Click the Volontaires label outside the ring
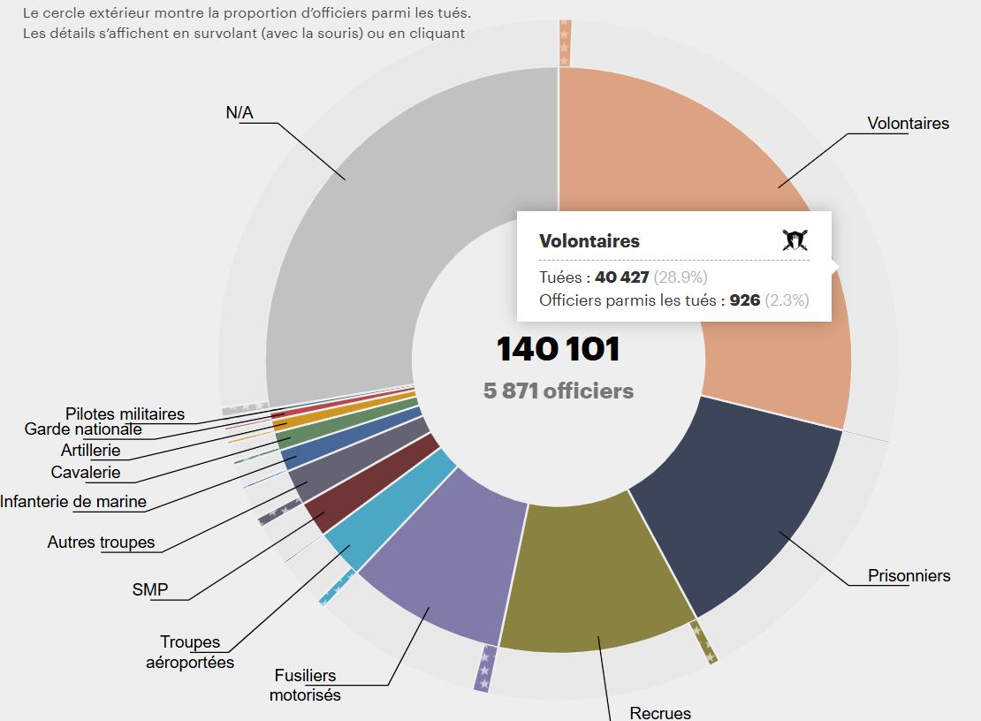pyautogui.click(x=908, y=124)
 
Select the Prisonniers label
pyautogui.click(x=909, y=576)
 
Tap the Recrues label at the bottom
pyautogui.click(x=660, y=712)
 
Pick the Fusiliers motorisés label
pyautogui.click(x=305, y=685)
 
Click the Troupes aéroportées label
pyautogui.click(x=190, y=651)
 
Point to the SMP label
pyautogui.click(x=149, y=589)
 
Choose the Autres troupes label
pyautogui.click(x=101, y=543)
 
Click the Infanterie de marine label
pyautogui.click(x=73, y=502)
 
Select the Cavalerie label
pyautogui.click(x=85, y=472)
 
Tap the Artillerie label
pyautogui.click(x=90, y=450)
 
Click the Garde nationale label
pyautogui.click(x=83, y=429)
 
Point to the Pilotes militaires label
pyautogui.click(x=125, y=414)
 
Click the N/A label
pyautogui.click(x=240, y=112)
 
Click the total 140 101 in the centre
pyautogui.click(x=558, y=349)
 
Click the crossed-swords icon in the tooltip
pyautogui.click(x=795, y=239)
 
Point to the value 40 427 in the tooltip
pyautogui.click(x=622, y=277)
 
